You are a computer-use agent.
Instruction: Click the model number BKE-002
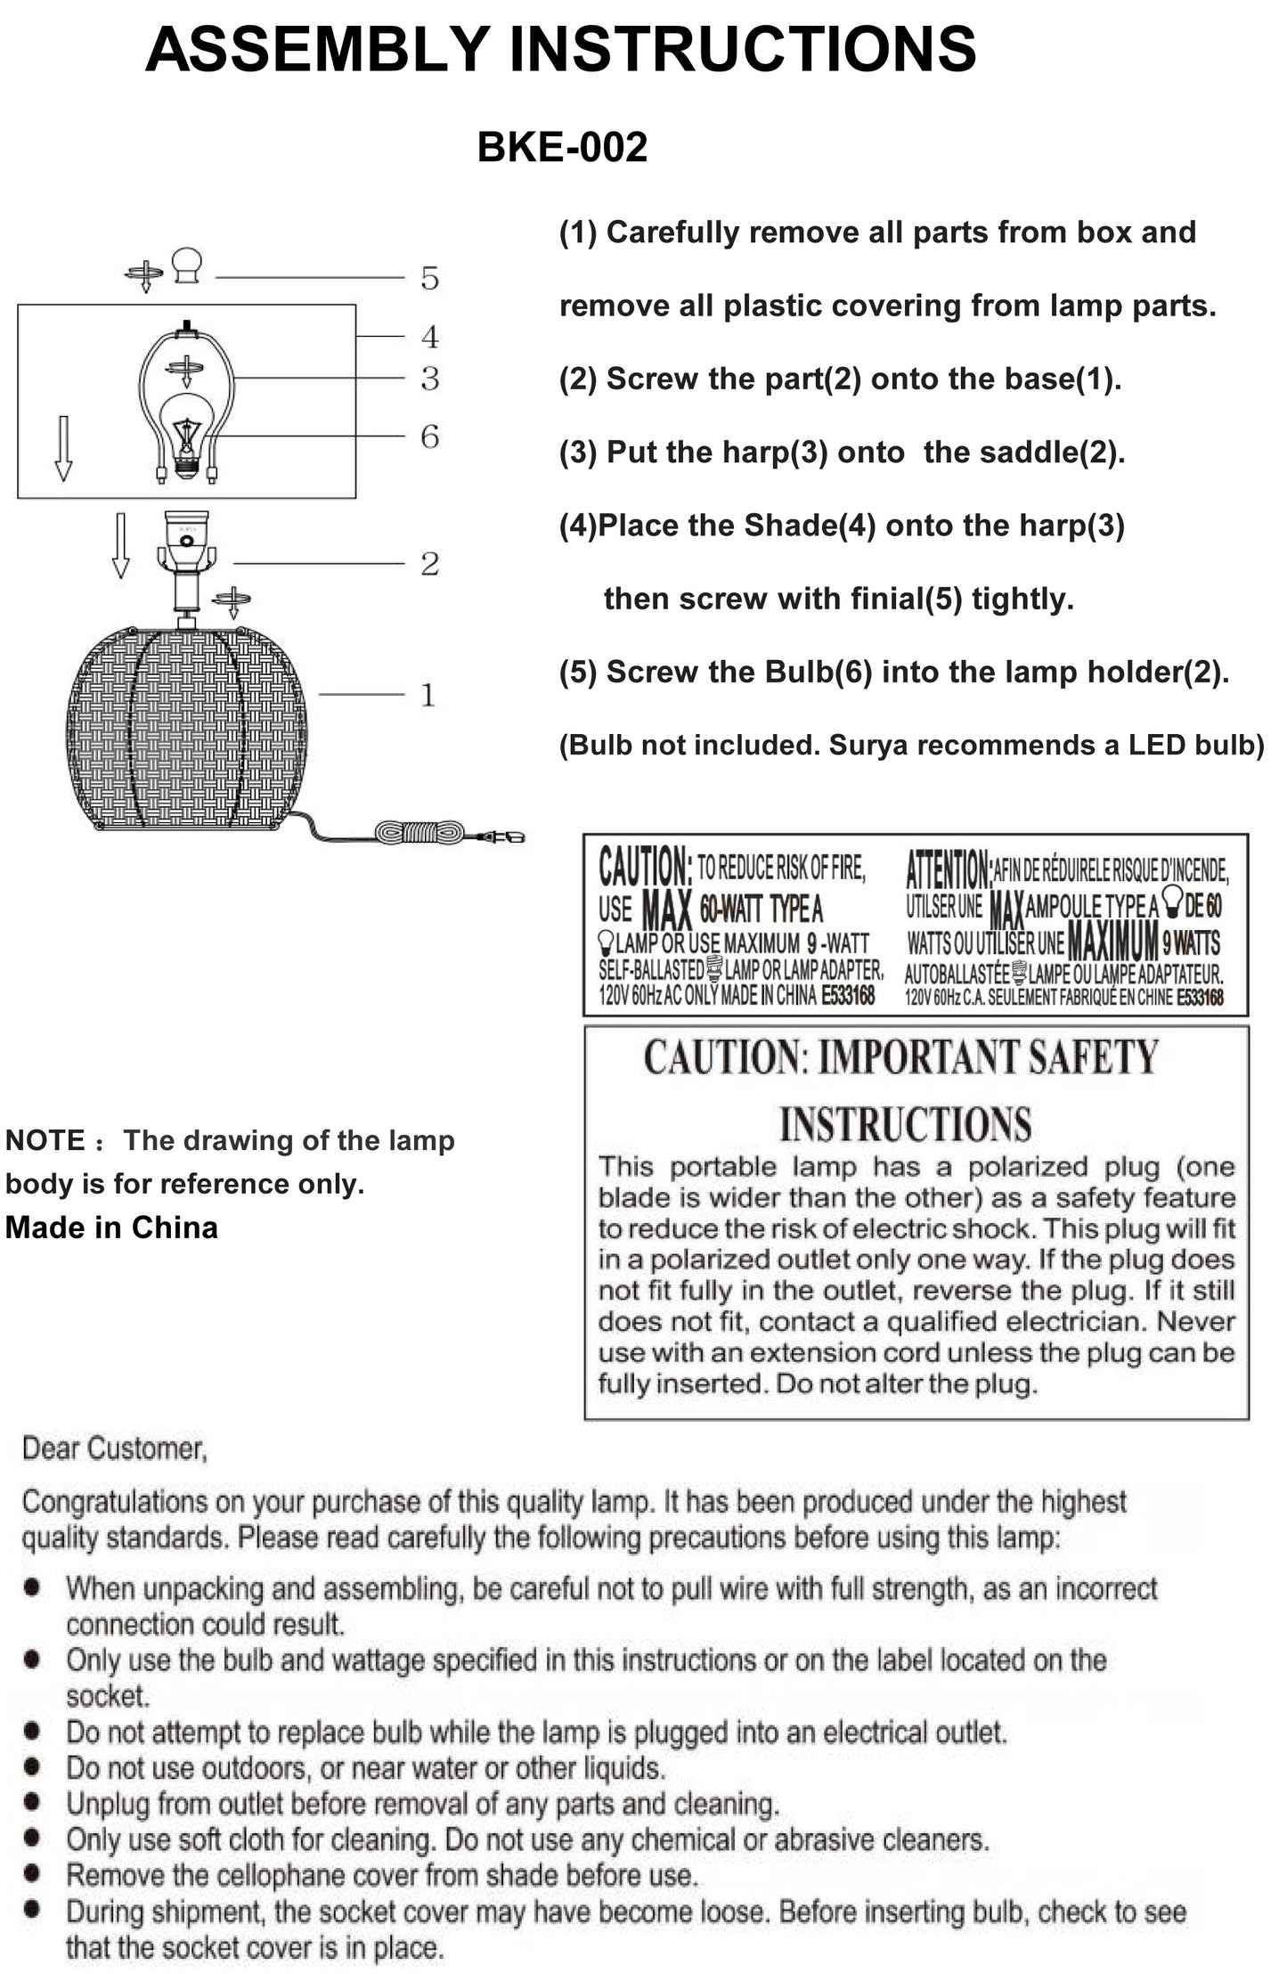click(x=562, y=147)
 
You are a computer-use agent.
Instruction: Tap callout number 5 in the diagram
click(x=430, y=278)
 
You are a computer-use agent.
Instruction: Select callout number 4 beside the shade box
click(x=430, y=337)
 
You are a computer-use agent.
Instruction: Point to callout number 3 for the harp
click(x=430, y=379)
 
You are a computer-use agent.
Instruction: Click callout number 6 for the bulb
click(x=430, y=436)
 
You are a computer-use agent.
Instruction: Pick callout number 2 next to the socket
click(x=430, y=564)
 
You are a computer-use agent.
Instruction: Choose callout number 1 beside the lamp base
click(x=428, y=695)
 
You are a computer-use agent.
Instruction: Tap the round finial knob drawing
click(x=187, y=265)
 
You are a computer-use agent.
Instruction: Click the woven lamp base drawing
click(x=186, y=729)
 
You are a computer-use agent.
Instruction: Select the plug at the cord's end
click(x=504, y=836)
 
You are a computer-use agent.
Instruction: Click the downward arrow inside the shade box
click(x=63, y=447)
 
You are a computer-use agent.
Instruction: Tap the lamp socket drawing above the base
click(x=187, y=543)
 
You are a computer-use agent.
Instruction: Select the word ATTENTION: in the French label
click(x=948, y=867)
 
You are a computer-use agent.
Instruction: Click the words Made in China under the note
click(x=111, y=1228)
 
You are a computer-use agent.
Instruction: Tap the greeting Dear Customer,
click(x=115, y=1449)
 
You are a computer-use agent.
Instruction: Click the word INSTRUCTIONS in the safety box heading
click(x=906, y=1123)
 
